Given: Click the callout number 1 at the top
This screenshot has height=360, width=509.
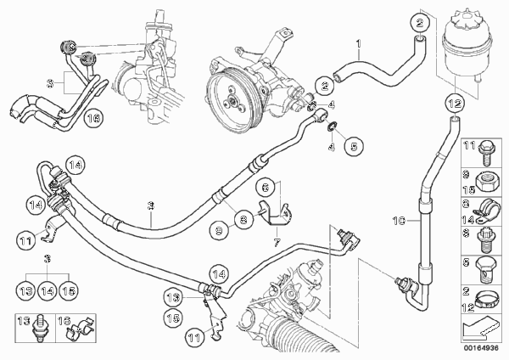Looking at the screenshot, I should (358, 42).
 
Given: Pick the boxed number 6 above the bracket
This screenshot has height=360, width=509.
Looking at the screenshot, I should (265, 188).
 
